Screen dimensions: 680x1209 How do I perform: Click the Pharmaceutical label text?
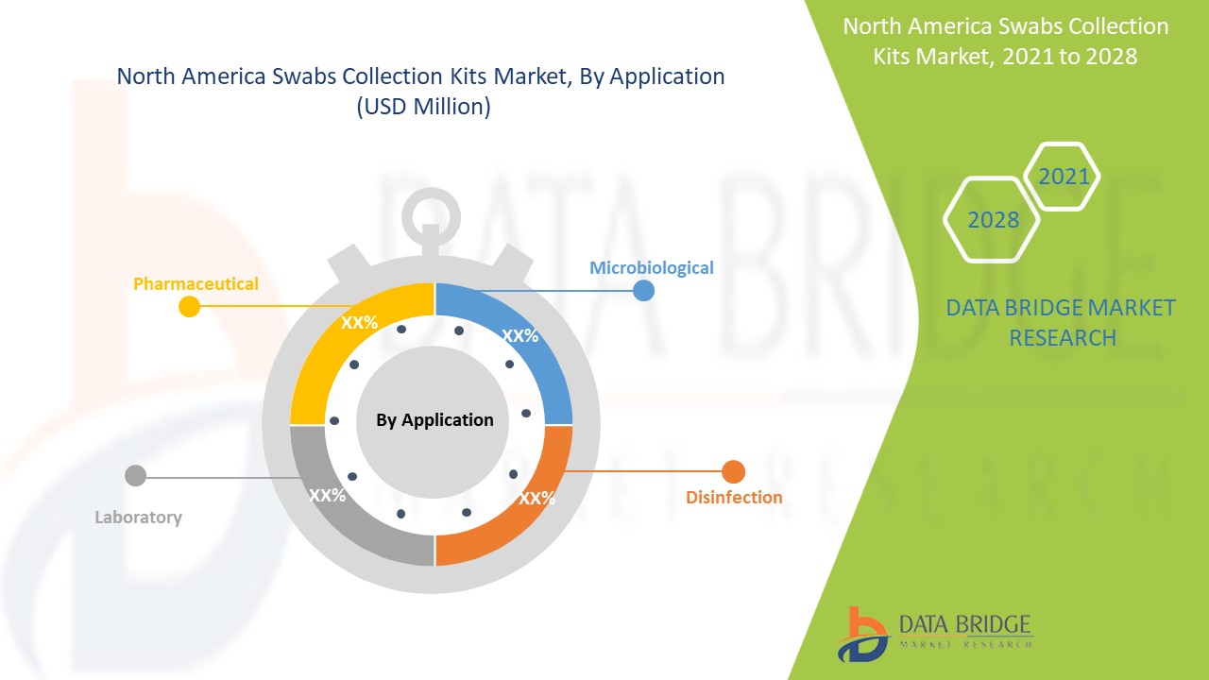click(196, 283)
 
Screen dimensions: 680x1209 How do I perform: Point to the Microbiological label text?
click(652, 267)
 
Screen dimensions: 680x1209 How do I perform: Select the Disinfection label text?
click(734, 497)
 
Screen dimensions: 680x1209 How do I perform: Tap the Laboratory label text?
click(138, 517)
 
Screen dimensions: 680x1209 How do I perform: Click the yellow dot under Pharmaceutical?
click(189, 306)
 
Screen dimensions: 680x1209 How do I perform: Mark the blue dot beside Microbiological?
click(643, 290)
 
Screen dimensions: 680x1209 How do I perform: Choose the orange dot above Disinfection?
click(734, 471)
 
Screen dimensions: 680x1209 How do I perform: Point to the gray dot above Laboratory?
click(135, 475)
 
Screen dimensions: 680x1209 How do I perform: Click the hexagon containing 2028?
click(993, 220)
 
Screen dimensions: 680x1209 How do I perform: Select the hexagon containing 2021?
click(1063, 177)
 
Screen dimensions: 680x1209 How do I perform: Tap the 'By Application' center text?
click(434, 420)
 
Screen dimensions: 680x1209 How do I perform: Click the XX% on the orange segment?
click(536, 498)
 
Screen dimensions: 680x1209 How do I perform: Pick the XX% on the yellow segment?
click(359, 322)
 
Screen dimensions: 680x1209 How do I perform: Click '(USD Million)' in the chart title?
click(422, 107)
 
